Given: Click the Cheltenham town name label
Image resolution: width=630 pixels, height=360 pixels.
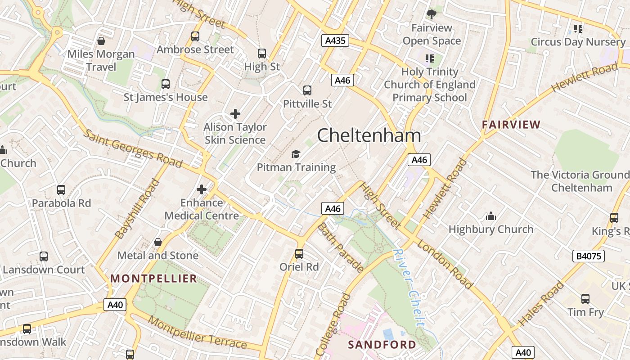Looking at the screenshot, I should pos(369,135).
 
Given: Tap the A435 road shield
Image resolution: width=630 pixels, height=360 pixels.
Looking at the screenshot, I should pos(335,41).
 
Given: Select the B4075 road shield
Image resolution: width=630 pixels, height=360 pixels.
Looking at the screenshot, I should pos(589,256).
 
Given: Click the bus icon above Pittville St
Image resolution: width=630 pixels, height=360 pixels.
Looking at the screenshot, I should pos(307,90).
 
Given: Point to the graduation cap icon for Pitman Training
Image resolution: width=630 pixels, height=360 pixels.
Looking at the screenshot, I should pos(296,154).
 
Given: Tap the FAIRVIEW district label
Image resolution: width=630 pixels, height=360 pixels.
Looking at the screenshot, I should pos(511,125).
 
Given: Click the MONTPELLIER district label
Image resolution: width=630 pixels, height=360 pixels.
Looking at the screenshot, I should pos(154,279).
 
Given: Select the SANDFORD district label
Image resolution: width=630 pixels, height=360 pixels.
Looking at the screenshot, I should pos(382,345).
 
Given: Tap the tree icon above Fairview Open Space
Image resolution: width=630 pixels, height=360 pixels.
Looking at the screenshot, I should pos(432,14).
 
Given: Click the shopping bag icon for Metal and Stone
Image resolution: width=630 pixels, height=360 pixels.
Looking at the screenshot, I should pos(158,243).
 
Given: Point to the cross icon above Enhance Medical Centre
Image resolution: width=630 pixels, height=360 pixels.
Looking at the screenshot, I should pos(202,189).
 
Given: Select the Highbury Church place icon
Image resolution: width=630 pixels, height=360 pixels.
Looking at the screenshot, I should pos(491,216).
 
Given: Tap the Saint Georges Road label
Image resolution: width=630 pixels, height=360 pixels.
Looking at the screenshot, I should pos(133,148).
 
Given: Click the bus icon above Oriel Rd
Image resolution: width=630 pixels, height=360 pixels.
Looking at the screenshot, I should pos(299,254).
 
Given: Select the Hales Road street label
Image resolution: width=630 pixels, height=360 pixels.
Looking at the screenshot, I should pos(541,303).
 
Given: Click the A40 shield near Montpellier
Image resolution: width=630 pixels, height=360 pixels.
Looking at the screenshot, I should pos(115,305).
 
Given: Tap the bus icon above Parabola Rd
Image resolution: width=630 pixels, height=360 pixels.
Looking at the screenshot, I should pos(61,190).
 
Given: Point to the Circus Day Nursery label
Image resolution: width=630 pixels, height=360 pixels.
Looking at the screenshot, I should pos(578,42).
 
